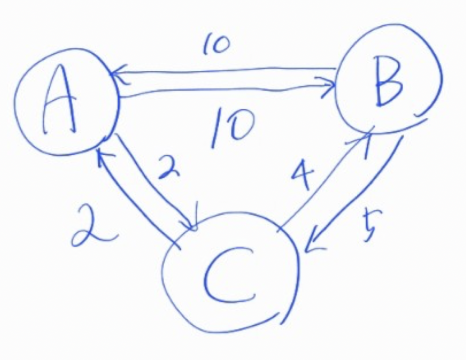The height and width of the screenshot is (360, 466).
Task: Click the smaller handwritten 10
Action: click(x=216, y=47)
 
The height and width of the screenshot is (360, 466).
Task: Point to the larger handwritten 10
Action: click(x=231, y=126)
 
